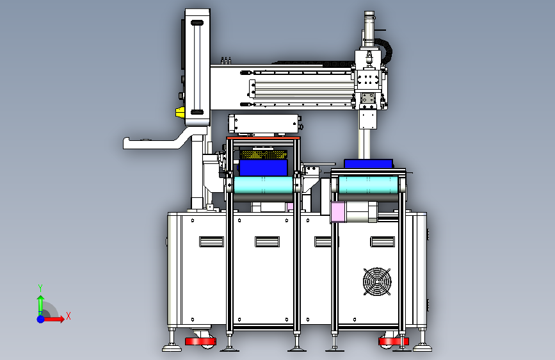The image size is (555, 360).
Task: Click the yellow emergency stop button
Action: click(180, 112)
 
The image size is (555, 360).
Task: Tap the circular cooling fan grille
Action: click(377, 281)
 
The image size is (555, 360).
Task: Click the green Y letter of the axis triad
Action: click(40, 288)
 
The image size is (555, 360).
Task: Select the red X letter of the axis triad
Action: click(68, 316)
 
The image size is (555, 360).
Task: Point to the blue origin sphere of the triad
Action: click(41, 319)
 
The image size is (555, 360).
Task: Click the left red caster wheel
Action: click(200, 341)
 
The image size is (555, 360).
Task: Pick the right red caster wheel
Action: click(393, 341)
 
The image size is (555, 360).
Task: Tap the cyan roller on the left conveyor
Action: click(263, 185)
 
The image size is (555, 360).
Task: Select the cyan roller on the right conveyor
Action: click(369, 184)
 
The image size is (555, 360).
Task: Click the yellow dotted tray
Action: click(263, 154)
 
